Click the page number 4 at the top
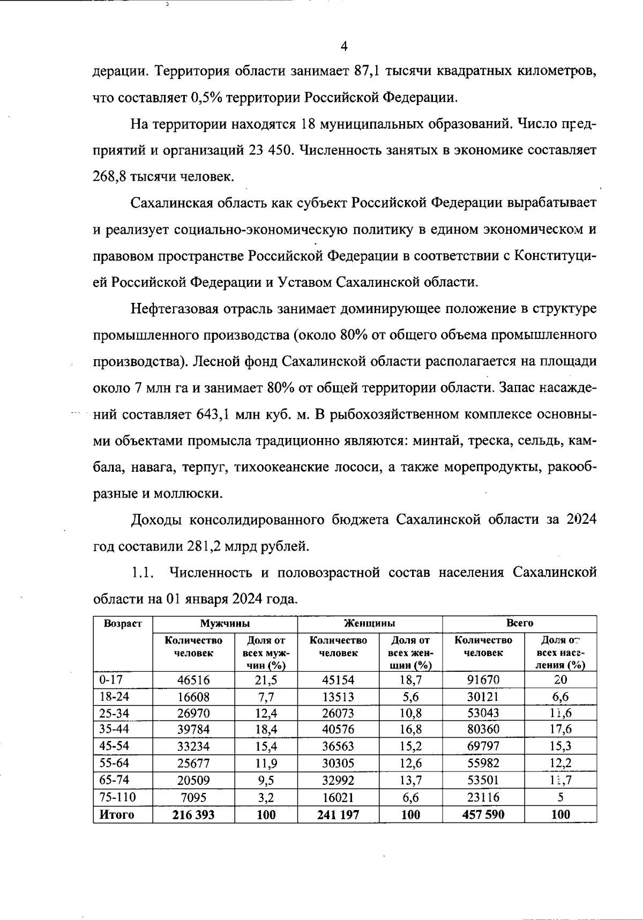(x=344, y=47)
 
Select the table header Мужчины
(x=225, y=624)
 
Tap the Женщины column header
(x=370, y=624)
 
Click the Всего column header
(x=519, y=624)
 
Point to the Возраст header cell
(x=123, y=624)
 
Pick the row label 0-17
(x=111, y=680)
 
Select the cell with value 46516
(x=193, y=680)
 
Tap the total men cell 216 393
(x=193, y=814)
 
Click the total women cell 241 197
(x=338, y=814)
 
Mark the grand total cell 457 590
(x=483, y=814)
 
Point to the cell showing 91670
(x=483, y=680)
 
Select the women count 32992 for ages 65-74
(x=338, y=781)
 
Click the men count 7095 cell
(x=193, y=797)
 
